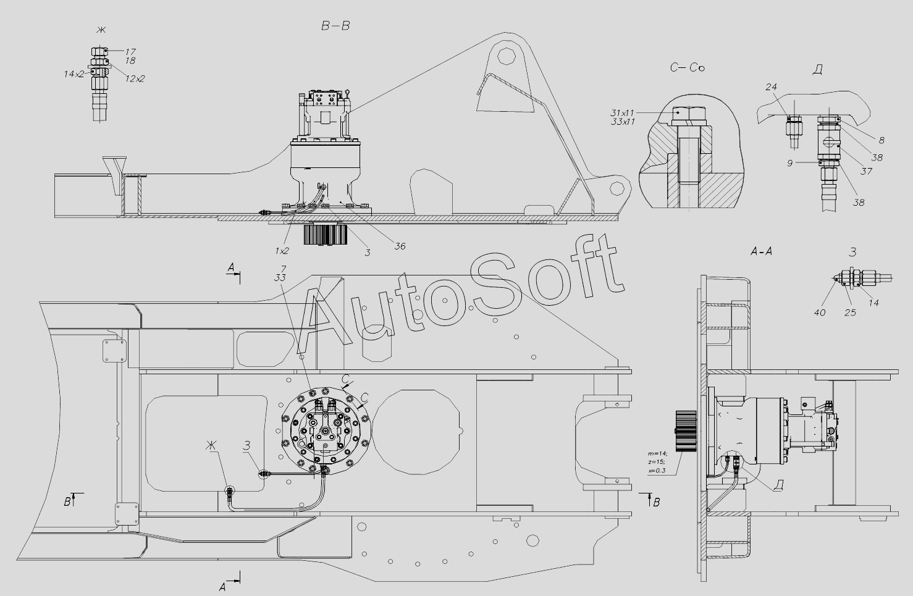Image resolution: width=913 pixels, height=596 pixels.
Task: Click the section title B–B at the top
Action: pos(335,26)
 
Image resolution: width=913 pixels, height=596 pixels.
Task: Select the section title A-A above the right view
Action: pos(761,251)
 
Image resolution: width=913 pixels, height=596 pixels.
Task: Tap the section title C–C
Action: pos(687,67)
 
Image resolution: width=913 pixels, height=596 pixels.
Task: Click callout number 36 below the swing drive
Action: pos(400,246)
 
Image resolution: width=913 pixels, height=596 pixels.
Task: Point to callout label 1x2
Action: pos(282,251)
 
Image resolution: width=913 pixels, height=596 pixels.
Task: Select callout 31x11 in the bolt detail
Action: pos(623,112)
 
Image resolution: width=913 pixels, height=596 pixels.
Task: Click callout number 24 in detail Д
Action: pos(771,86)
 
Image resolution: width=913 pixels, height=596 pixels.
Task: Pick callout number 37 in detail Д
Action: pos(866,172)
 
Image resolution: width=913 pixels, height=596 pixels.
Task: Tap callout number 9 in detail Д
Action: pos(789,163)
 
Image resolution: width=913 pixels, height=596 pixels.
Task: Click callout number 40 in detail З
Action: pos(820,313)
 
